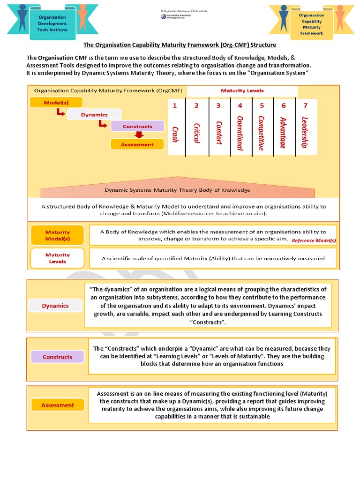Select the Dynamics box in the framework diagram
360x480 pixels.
click(94, 114)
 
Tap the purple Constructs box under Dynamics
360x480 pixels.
click(137, 126)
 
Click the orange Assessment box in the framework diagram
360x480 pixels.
click(137, 144)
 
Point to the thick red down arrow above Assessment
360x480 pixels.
click(137, 135)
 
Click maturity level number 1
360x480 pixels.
click(175, 105)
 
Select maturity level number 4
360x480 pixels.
click(240, 105)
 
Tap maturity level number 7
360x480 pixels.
click(305, 105)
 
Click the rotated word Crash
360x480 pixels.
click(175, 134)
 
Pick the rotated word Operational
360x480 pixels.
click(240, 133)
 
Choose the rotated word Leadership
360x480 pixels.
click(305, 132)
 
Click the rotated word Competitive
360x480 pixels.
click(261, 133)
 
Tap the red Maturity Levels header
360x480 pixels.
click(242, 90)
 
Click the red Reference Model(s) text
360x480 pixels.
click(314, 240)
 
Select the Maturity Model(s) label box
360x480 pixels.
click(57, 235)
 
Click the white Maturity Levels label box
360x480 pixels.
click(57, 258)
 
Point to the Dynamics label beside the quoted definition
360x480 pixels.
click(55, 306)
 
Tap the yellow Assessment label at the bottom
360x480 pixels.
click(58, 405)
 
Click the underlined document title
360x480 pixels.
click(180, 45)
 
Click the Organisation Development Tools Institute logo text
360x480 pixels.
click(52, 23)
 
